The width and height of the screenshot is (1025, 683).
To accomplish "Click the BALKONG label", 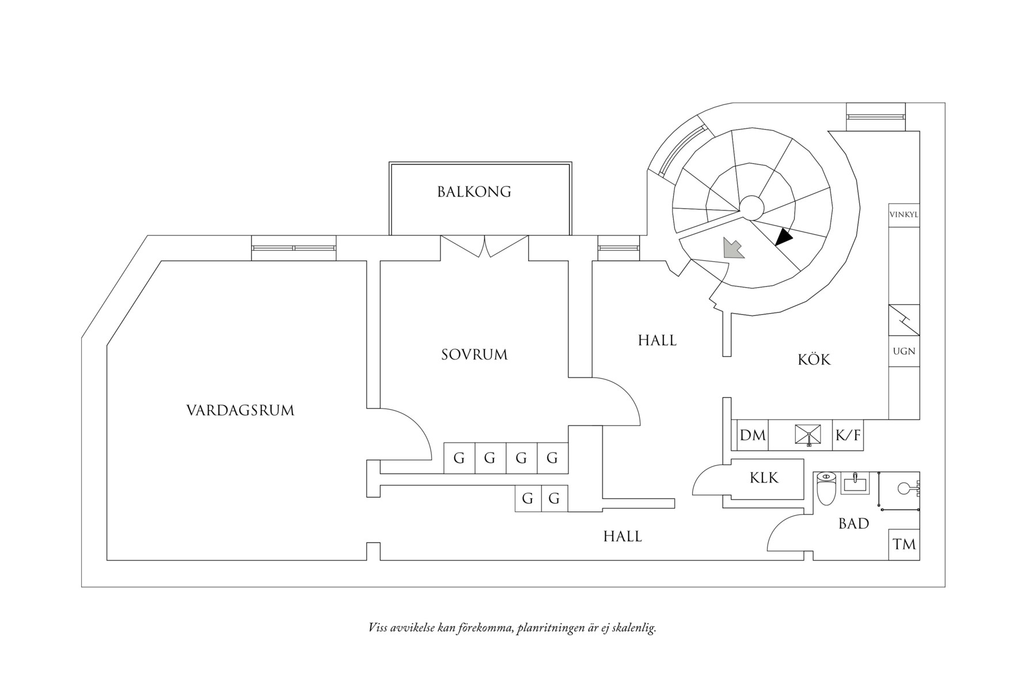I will click(x=474, y=192).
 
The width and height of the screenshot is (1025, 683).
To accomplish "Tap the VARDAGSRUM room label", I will click(x=240, y=411).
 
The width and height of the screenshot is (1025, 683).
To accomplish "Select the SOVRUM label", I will click(x=474, y=354).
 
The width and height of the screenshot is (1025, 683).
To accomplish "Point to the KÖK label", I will click(x=814, y=360).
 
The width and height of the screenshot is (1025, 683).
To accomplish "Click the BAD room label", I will click(x=853, y=524).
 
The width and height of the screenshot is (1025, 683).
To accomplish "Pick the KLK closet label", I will click(x=764, y=478).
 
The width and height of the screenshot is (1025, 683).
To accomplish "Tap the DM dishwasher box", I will click(x=753, y=435).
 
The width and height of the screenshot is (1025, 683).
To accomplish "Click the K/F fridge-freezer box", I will click(x=848, y=435).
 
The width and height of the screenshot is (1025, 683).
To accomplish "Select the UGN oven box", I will click(x=903, y=351).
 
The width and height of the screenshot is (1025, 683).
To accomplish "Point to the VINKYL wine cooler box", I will click(x=903, y=215).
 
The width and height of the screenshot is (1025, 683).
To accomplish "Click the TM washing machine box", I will click(x=904, y=544).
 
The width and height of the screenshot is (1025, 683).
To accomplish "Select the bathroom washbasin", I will click(x=856, y=483).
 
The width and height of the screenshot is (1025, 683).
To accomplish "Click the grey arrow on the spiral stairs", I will click(x=733, y=249).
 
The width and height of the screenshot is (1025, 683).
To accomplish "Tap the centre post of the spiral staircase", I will click(x=751, y=207).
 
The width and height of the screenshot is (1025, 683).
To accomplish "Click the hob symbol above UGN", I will click(x=903, y=320).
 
